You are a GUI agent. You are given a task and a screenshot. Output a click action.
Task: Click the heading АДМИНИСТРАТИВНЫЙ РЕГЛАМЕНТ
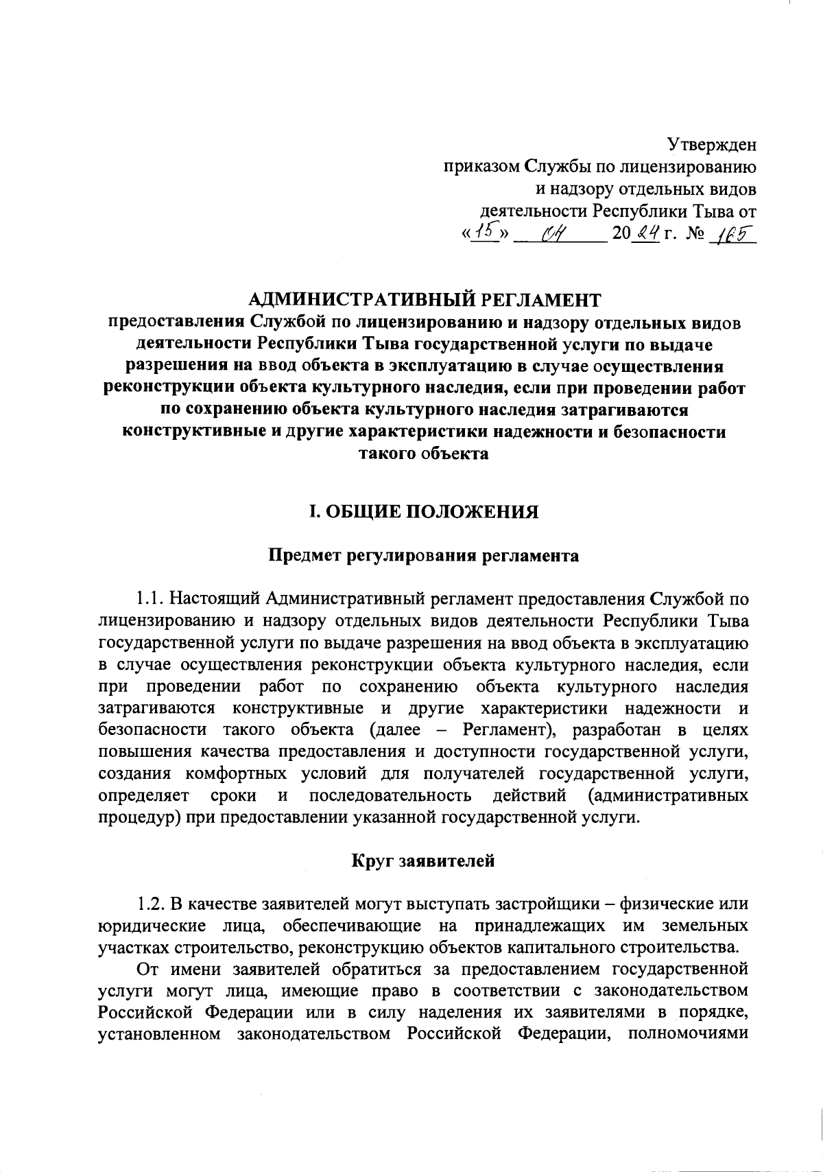click(x=425, y=299)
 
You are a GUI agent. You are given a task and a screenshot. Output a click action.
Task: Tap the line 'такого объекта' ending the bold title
click(x=424, y=454)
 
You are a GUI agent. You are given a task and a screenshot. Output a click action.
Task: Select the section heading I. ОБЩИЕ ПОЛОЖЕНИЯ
click(x=424, y=512)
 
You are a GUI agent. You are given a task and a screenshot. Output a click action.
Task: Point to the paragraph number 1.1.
click(x=149, y=599)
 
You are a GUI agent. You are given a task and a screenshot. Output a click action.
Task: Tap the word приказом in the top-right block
click(x=481, y=167)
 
